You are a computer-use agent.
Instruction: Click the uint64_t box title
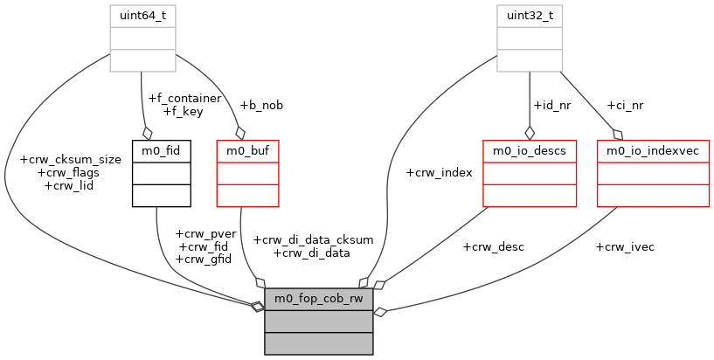[142, 17]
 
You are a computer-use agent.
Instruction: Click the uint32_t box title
[530, 17]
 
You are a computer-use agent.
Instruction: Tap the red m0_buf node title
[246, 150]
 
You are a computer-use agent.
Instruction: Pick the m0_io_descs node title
[529, 150]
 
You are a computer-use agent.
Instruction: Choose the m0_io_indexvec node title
[653, 150]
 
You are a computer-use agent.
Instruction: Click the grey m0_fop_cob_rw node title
[319, 299]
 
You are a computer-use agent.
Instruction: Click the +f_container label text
[184, 98]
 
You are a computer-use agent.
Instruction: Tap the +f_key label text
[183, 111]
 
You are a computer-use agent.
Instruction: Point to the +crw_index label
[439, 172]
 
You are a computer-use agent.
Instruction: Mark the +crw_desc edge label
[493, 246]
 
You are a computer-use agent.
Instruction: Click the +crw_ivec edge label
[624, 246]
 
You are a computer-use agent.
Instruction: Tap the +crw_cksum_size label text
[69, 159]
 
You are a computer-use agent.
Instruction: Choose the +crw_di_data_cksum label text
[312, 239]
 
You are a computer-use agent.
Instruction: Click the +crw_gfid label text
[203, 259]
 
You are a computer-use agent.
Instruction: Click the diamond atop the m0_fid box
[147, 132]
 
